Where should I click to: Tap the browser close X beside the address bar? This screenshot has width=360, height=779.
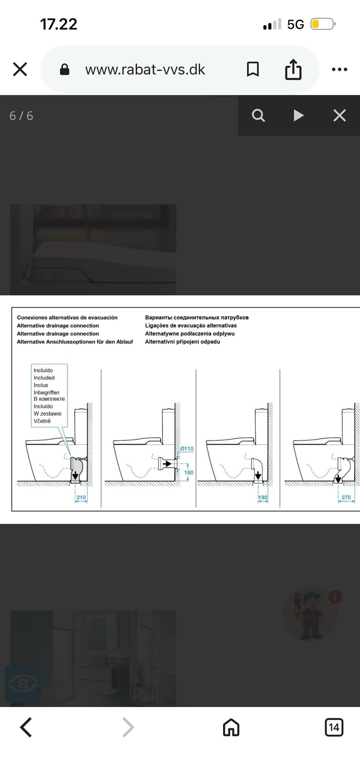coord(20,69)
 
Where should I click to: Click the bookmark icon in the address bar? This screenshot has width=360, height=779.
coord(253,69)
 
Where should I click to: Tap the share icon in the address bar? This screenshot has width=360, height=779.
coord(293,69)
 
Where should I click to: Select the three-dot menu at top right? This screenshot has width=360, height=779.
coord(340,69)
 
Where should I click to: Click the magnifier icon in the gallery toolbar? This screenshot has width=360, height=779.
coord(258,115)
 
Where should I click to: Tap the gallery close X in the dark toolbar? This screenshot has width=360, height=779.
coord(339,115)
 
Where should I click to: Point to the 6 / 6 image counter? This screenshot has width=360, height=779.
coord(21,116)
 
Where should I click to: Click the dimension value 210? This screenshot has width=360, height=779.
coord(81,497)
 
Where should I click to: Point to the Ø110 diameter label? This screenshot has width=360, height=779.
coord(187,448)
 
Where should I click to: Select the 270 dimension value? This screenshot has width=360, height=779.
coord(346,497)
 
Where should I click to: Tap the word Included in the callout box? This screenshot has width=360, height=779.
coord(44,378)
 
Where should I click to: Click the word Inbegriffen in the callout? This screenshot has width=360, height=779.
coord(46,392)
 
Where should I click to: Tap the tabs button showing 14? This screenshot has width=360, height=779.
coord(334,728)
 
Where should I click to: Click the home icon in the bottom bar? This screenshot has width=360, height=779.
coord(231,728)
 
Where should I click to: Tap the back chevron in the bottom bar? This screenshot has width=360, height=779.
coord(25,728)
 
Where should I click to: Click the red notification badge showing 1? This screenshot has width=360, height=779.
coord(335,597)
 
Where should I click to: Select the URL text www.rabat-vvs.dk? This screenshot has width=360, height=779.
coord(145,69)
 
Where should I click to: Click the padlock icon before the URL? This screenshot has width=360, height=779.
coord(64,69)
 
